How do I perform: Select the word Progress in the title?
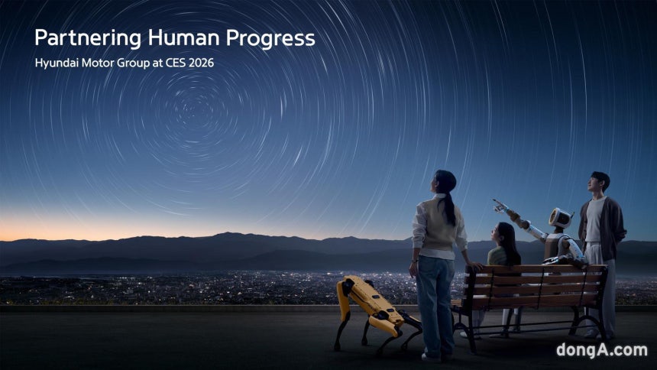pos(275,39)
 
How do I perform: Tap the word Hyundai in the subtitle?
pos(56,63)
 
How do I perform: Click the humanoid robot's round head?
pos(560,218)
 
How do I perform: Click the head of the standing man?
pos(600,183)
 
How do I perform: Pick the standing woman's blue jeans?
pos(435,298)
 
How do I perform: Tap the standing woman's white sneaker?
pos(431,355)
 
